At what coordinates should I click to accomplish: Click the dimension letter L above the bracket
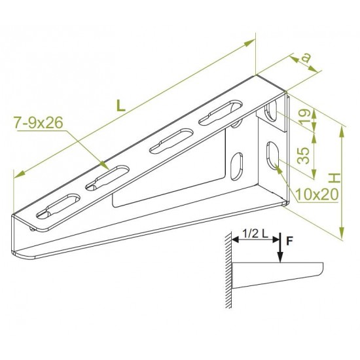[121, 105]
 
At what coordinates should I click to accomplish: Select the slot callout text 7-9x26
[39, 122]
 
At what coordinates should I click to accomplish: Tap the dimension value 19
[305, 116]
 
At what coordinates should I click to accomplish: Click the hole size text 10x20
[317, 194]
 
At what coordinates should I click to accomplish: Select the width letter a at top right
[306, 58]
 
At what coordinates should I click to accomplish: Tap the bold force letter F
[289, 241]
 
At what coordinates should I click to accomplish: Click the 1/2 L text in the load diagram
[255, 234]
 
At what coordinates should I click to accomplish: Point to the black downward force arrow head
[280, 257]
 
